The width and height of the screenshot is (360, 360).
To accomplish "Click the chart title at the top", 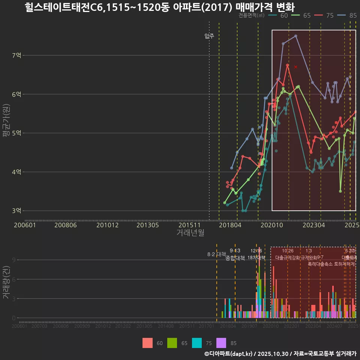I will (160, 7).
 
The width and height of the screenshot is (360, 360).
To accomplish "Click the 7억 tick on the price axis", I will (16, 55).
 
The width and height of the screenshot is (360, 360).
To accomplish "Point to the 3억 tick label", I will (16, 211).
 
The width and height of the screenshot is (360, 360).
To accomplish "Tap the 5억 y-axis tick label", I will (16, 133).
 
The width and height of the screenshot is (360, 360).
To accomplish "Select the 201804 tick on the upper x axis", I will (230, 225).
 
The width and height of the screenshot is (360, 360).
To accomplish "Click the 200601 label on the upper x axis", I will (25, 225).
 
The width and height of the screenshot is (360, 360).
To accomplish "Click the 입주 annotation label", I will (209, 36).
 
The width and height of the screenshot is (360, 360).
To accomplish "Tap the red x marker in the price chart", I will (296, 67).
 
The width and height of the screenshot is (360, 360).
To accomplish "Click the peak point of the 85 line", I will (296, 36).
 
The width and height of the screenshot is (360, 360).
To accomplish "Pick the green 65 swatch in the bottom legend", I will (172, 343).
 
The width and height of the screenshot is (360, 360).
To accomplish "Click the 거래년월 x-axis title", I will (190, 232).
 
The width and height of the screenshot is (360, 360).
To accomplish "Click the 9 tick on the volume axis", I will (13, 260).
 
